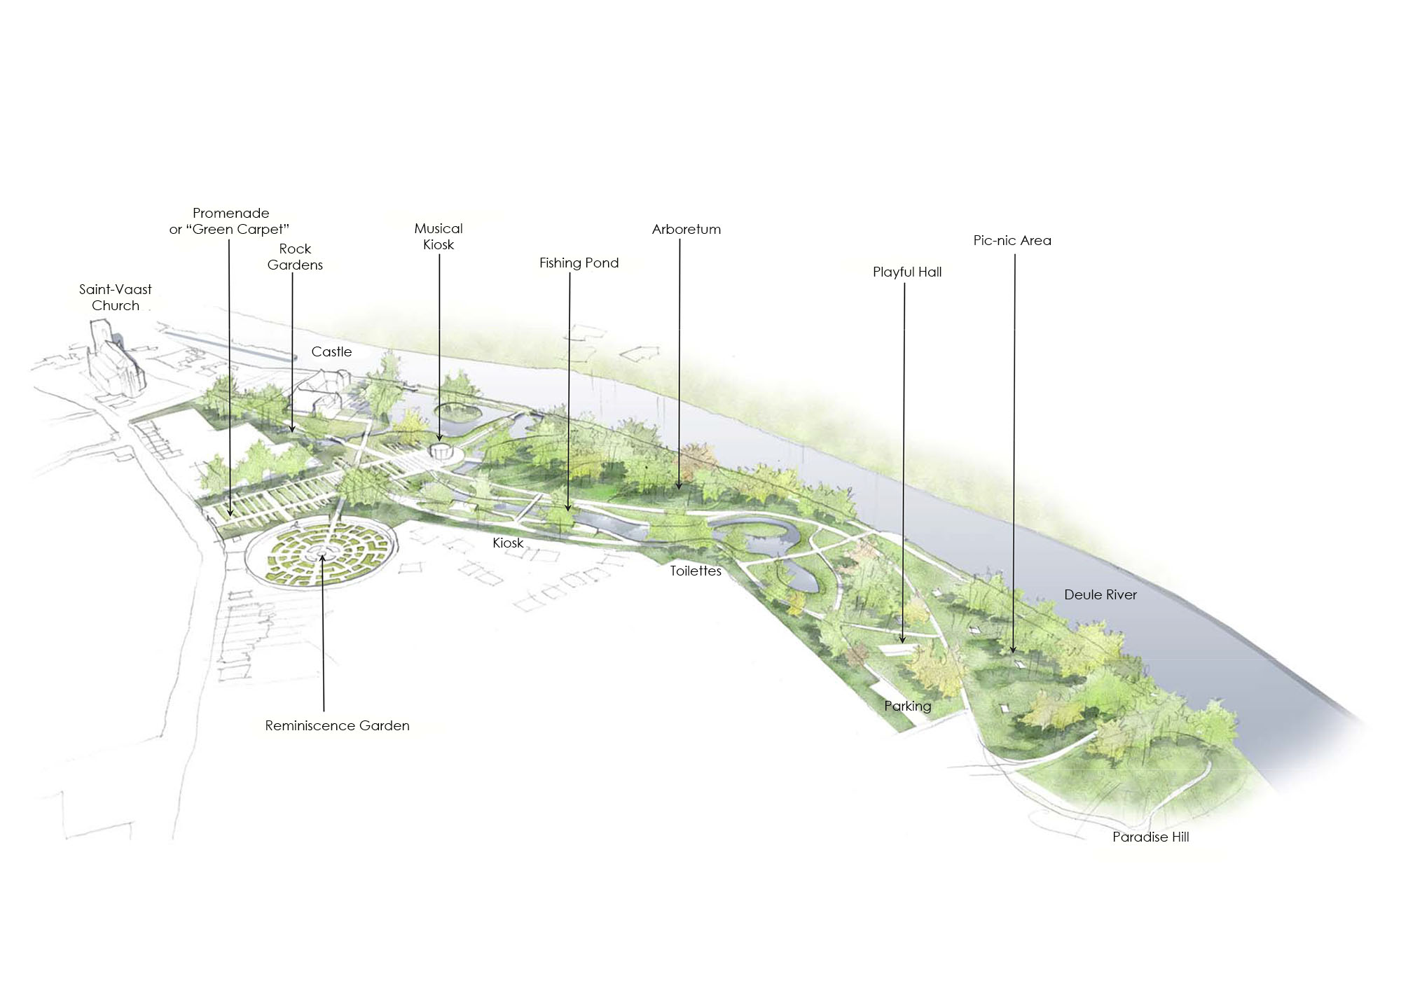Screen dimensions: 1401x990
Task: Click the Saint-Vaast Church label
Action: [x=116, y=297]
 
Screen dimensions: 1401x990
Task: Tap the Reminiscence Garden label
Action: [x=337, y=725]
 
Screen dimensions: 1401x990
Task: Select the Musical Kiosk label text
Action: [x=439, y=236]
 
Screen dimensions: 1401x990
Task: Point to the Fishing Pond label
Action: [x=579, y=263]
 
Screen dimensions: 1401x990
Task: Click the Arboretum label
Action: [x=686, y=229]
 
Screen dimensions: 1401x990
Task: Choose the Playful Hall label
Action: [x=907, y=272]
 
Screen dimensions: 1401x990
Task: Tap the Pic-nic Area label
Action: [x=1012, y=240]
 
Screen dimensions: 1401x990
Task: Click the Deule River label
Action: [x=1100, y=594]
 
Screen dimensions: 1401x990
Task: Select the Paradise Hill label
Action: [x=1151, y=837]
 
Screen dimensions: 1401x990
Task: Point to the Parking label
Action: [x=908, y=706]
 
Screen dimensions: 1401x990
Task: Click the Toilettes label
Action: [x=696, y=571]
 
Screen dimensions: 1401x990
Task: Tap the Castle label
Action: [x=332, y=351]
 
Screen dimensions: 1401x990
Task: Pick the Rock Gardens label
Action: [x=295, y=256]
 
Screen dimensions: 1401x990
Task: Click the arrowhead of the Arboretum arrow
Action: [x=679, y=485]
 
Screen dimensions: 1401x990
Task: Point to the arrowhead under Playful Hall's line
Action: [x=902, y=639]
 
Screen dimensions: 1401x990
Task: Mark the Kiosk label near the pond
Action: [x=508, y=543]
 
